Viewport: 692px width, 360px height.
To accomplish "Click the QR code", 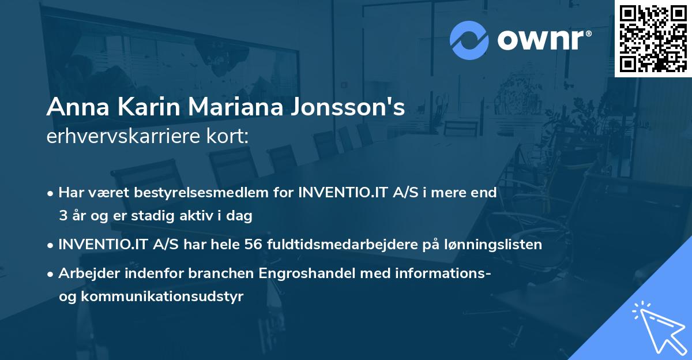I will point(653,38).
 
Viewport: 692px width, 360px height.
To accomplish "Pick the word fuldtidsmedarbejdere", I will point(340,245).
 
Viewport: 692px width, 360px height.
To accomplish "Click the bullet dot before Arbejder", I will point(51,274).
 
